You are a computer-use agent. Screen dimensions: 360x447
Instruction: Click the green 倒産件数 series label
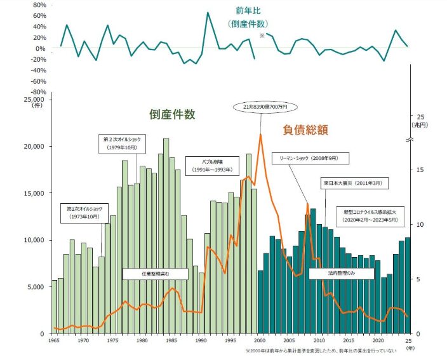click(171, 115)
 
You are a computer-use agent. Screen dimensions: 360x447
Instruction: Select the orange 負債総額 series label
click(305, 130)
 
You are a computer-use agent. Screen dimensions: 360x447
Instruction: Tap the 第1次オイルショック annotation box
click(85, 213)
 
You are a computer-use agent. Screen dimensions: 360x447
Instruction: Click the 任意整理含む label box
click(156, 274)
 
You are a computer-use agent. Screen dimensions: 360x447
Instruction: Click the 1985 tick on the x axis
click(171, 340)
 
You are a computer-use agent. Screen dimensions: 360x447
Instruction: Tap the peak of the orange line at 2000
click(260, 134)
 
